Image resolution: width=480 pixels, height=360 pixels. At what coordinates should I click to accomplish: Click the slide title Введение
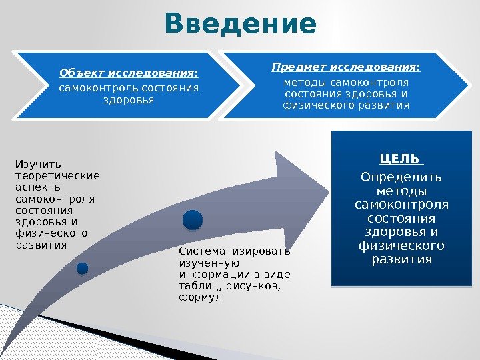[x=240, y=24]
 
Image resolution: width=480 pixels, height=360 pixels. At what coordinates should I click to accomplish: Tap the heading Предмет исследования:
[x=346, y=67]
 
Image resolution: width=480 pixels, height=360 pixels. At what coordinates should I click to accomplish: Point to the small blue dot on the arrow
[x=82, y=268]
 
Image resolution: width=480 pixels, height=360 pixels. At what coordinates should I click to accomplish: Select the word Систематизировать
[x=235, y=252]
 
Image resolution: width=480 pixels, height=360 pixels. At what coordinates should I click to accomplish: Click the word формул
[x=195, y=297]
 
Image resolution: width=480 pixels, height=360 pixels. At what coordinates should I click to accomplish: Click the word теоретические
[x=57, y=176]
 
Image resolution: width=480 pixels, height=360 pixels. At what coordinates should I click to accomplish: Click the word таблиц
[x=201, y=286]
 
